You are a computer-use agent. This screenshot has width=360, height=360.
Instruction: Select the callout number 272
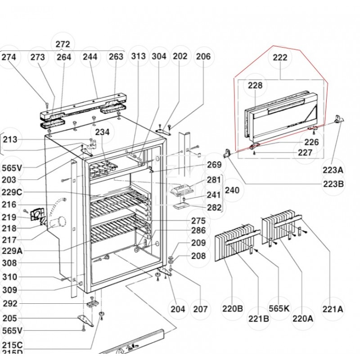coord(63,44)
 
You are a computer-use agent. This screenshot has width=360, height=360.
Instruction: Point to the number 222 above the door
coord(279,58)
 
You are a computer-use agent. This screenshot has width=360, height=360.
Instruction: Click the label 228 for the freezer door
coord(255,85)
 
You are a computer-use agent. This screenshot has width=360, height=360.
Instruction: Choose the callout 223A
coord(333,170)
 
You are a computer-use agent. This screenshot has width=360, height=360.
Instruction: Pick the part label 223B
coord(333,183)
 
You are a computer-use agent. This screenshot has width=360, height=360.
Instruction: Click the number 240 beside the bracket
coord(232,191)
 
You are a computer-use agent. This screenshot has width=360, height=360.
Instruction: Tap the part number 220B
coord(232,309)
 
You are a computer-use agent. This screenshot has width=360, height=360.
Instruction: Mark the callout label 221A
coord(333,309)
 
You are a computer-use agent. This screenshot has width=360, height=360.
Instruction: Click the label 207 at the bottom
coord(200,309)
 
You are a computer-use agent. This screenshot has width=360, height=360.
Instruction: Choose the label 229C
coord(12,192)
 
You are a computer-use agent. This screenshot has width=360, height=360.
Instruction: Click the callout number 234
coord(102,132)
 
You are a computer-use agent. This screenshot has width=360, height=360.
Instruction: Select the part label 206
coord(203,57)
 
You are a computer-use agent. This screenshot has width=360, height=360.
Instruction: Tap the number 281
coord(214,180)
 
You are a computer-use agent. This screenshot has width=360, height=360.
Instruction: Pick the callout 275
coord(198,221)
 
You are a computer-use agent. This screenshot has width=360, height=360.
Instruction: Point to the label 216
coord(9,205)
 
